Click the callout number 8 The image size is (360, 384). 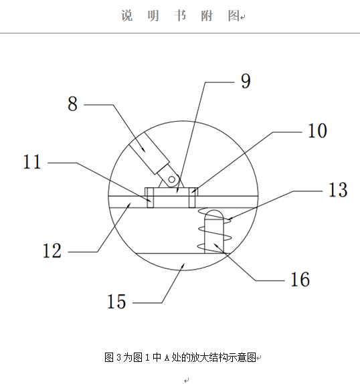click(x=72, y=104)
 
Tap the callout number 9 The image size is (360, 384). click(x=246, y=81)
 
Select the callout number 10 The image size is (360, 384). click(x=317, y=130)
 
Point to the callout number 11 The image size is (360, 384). click(x=32, y=162)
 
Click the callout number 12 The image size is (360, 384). click(x=52, y=250)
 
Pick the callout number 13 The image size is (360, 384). click(x=338, y=189)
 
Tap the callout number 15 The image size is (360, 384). click(x=116, y=301)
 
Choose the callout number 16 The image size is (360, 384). click(x=300, y=279)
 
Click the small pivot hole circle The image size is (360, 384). click(x=172, y=179)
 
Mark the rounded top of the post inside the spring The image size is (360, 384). click(x=214, y=213)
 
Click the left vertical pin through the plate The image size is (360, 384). click(x=151, y=198)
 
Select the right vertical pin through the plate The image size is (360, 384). click(x=192, y=198)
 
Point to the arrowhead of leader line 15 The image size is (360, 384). click(x=183, y=266)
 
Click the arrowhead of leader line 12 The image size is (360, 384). click(x=129, y=205)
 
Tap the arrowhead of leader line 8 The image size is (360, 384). click(x=143, y=149)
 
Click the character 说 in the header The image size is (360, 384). click(x=127, y=15)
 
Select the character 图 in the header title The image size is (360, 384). click(x=234, y=15)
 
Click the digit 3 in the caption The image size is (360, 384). click(x=119, y=357)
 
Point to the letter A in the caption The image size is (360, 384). click(x=167, y=358)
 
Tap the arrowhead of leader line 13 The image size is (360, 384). click(x=230, y=218)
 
